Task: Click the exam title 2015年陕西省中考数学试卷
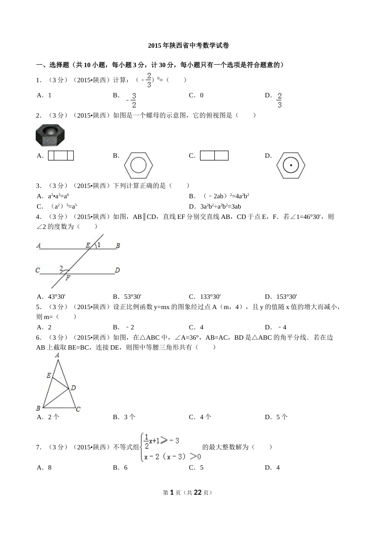pos(188,46)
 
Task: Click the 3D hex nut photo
pos(50,135)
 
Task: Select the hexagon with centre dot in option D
pos(291,165)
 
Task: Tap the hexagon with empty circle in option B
pos(138,165)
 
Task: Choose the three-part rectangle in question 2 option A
pos(61,156)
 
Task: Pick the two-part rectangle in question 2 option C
pos(214,156)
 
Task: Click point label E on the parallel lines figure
pos(88,246)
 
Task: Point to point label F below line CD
pos(68,278)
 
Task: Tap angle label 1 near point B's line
pos(99,245)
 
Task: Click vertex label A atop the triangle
pos(58,355)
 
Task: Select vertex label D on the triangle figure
pos(73,388)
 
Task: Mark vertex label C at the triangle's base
pos(78,409)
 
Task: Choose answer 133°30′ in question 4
pos(210,297)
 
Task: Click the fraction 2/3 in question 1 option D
pos(280,101)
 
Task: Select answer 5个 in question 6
pos(282,417)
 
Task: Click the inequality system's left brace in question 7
pos(142,447)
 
